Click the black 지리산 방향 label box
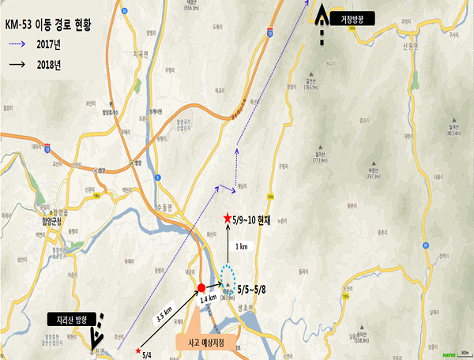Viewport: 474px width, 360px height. pyautogui.click(x=70, y=320)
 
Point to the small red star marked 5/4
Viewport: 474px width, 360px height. pyautogui.click(x=139, y=350)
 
